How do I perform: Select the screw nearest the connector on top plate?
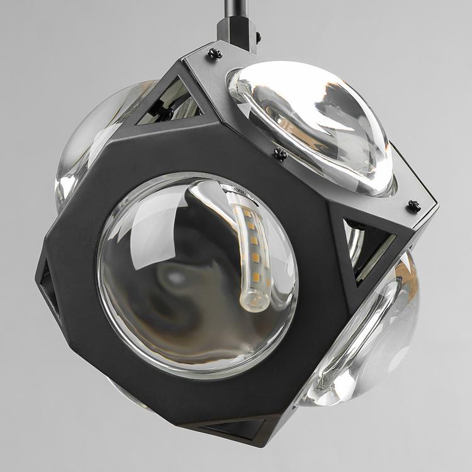(x=215, y=55)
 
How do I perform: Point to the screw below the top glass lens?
(x=280, y=154)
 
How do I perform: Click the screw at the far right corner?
(x=413, y=205)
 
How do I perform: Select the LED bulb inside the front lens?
(x=252, y=252)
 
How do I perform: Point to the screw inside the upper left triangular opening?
(x=165, y=113)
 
